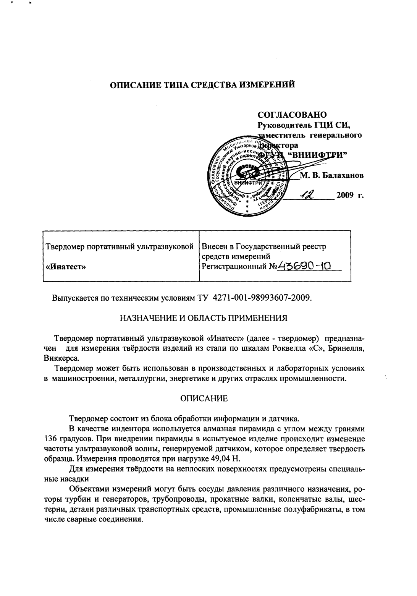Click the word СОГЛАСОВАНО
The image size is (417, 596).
click(292, 115)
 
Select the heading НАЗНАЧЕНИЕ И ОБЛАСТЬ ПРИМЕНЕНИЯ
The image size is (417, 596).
click(203, 318)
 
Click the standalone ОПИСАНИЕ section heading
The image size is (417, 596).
click(204, 399)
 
